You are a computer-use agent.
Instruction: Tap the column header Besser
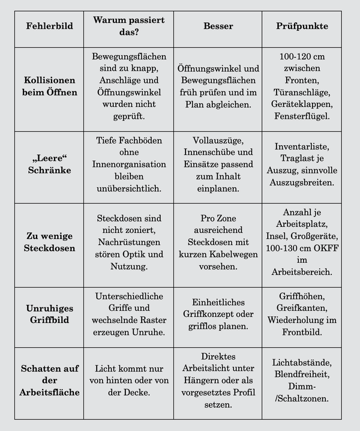(x=218, y=27)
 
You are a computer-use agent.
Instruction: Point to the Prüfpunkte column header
(x=301, y=27)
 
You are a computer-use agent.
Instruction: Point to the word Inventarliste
(x=301, y=146)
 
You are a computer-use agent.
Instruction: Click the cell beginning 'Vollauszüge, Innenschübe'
(x=218, y=164)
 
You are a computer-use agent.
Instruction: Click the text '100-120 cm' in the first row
(x=301, y=56)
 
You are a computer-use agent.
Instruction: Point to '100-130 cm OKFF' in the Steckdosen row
(x=301, y=247)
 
